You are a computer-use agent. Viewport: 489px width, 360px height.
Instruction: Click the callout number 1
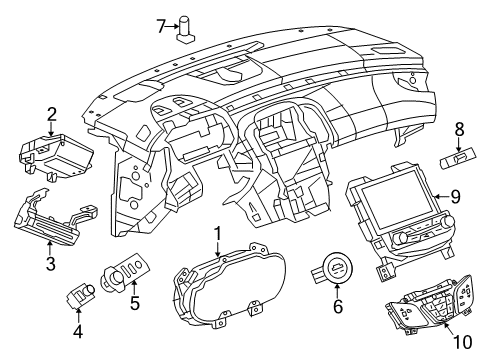pos(217,237)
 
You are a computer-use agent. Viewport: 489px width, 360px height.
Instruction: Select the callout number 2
pos(52,116)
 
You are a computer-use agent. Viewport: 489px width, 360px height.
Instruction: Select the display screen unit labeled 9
pos(393,215)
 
